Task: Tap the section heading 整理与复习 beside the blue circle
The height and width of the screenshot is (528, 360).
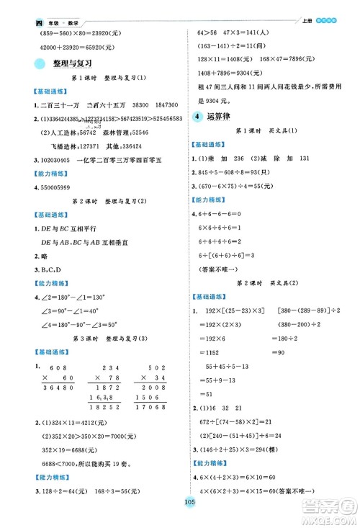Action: (x=72, y=64)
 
